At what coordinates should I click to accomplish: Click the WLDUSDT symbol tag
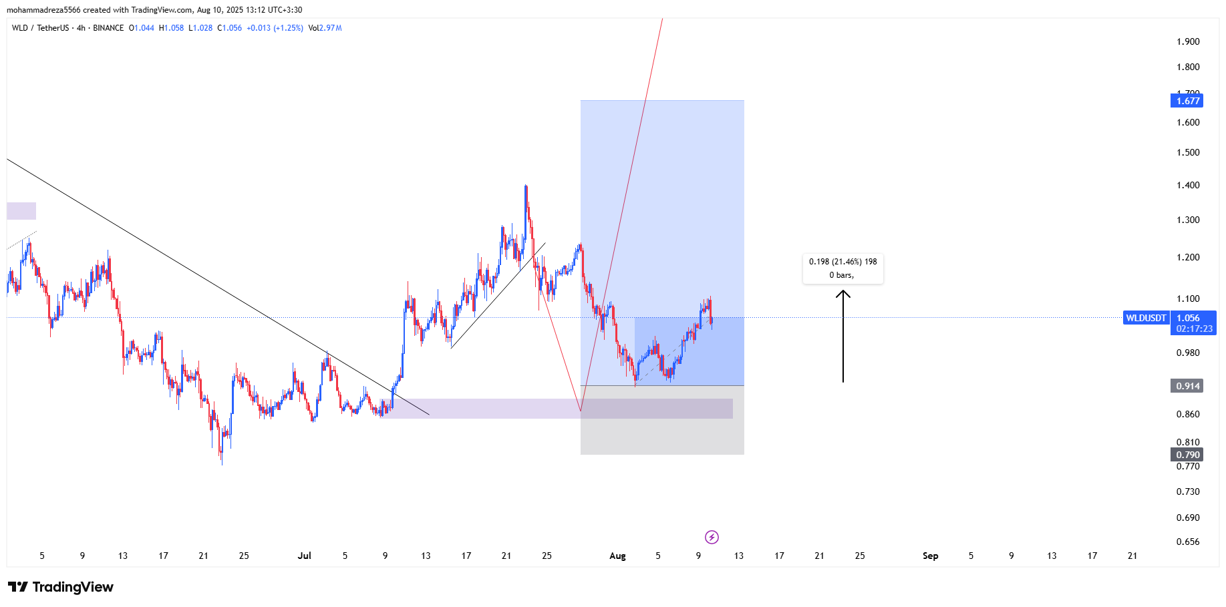[1146, 318]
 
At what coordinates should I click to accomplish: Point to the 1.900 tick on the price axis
[1188, 41]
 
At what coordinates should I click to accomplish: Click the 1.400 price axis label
[1188, 185]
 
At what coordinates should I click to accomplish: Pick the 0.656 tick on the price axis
[1188, 542]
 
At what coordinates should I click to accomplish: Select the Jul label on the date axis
[305, 556]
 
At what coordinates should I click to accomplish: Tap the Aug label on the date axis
[617, 556]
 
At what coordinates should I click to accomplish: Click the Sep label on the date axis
[930, 556]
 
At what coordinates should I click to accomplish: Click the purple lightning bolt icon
[712, 537]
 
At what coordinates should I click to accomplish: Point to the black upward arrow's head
[843, 292]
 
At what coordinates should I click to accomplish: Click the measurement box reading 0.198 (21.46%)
[842, 268]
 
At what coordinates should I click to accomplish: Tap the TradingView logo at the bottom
[61, 587]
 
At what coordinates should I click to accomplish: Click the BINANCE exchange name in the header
[108, 28]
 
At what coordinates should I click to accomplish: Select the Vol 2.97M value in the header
[325, 28]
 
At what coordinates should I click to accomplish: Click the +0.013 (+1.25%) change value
[275, 28]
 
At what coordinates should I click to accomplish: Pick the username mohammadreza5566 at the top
[43, 10]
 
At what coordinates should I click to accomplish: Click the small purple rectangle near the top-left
[21, 211]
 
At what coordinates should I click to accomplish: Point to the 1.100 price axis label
[1188, 298]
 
